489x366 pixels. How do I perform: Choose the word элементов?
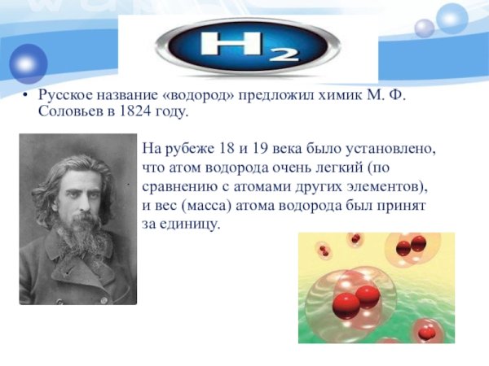(x=386, y=186)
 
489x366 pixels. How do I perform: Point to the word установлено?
(x=396, y=150)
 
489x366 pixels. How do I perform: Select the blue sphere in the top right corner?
(x=452, y=18)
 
